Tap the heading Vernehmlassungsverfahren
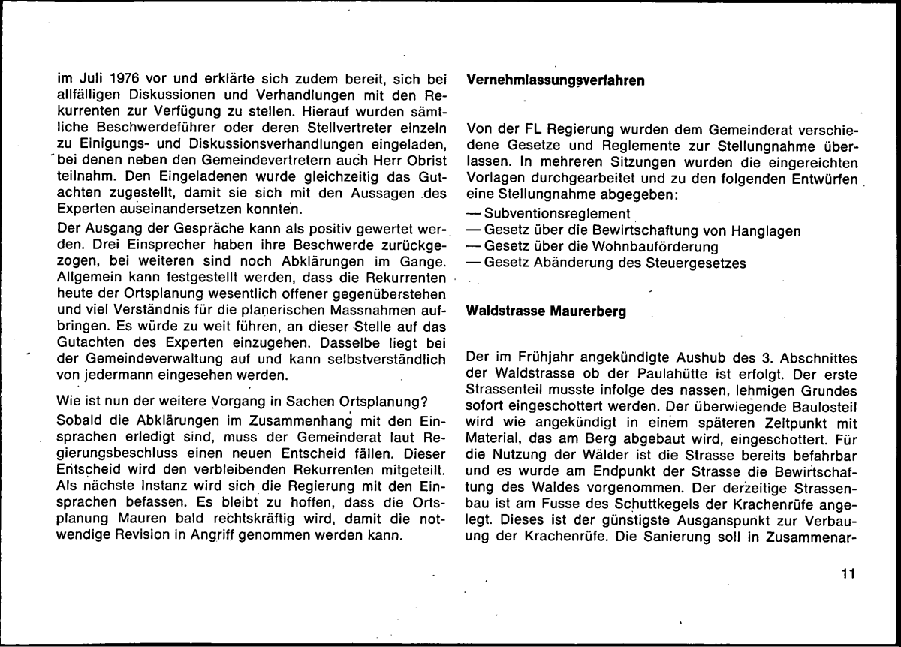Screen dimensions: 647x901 [556, 81]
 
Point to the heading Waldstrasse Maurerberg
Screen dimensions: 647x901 [546, 311]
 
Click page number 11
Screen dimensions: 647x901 [848, 576]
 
